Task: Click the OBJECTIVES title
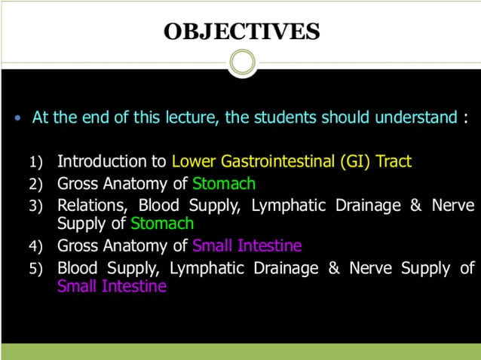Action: pyautogui.click(x=241, y=32)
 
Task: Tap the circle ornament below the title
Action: pyautogui.click(x=241, y=63)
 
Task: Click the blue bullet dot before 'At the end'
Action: pyautogui.click(x=19, y=120)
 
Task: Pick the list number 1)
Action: pyautogui.click(x=37, y=162)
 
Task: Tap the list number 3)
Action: pyautogui.click(x=37, y=206)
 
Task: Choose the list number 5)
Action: pyautogui.click(x=37, y=269)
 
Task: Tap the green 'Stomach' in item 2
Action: pyautogui.click(x=224, y=183)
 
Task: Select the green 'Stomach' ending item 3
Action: pyautogui.click(x=162, y=224)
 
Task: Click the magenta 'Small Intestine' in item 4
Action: pyautogui.click(x=247, y=246)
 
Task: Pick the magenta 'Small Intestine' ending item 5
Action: pyautogui.click(x=112, y=286)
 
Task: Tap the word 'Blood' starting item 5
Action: pyautogui.click(x=78, y=267)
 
